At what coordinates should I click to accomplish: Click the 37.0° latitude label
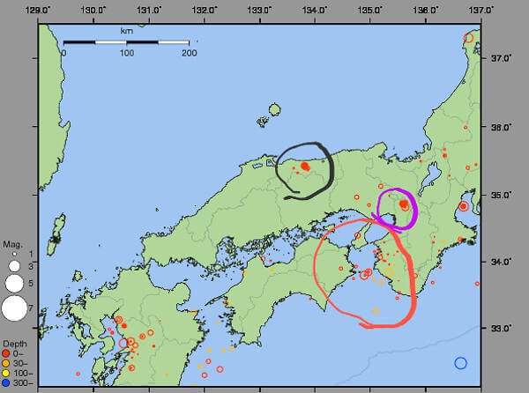[503, 58]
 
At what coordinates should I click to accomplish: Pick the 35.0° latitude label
[503, 194]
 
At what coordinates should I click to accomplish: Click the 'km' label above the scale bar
[127, 31]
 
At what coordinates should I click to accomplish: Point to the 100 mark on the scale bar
[127, 53]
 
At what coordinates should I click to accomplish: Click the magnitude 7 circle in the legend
[14, 308]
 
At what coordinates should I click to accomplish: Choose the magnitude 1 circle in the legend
[14, 255]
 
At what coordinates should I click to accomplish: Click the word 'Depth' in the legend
[15, 342]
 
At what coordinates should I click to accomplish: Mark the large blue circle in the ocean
[460, 363]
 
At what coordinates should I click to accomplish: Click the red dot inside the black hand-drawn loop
[304, 166]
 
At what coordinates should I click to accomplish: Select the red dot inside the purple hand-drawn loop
[404, 204]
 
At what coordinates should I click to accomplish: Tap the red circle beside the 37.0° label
[469, 38]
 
